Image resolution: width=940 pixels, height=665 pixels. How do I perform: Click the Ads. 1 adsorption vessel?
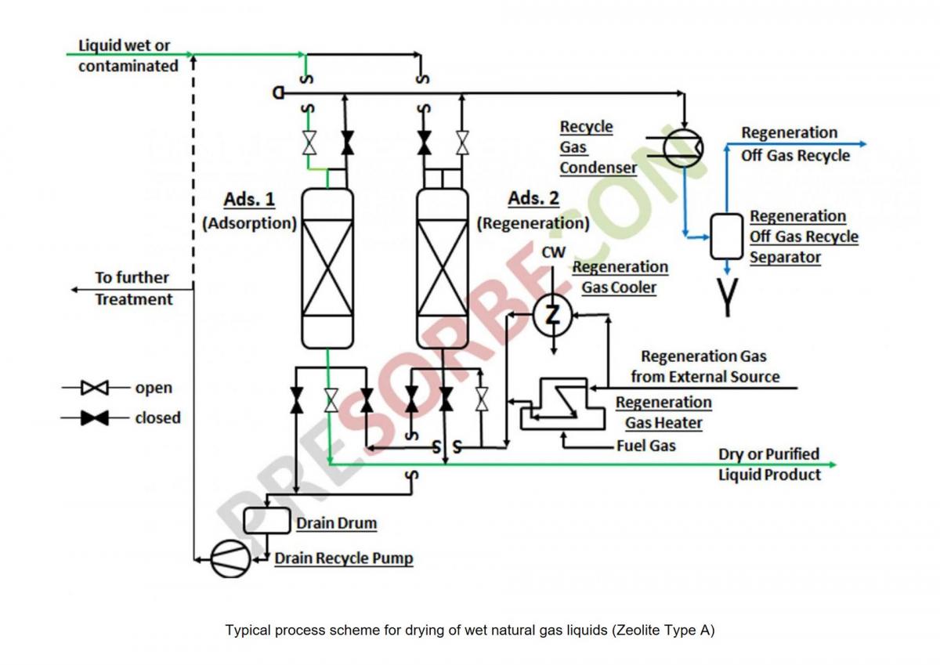[x=327, y=269]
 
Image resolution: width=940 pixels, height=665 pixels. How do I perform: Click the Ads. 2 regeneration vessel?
[x=443, y=269]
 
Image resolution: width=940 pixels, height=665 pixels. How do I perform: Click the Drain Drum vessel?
[x=266, y=521]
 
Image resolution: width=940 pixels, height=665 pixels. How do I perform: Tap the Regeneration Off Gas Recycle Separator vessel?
[x=726, y=236]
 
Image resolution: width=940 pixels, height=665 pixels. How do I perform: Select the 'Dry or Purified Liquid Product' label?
[x=769, y=464]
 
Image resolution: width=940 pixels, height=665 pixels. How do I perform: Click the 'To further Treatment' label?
[x=133, y=288]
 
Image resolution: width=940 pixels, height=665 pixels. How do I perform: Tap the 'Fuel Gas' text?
[x=645, y=446]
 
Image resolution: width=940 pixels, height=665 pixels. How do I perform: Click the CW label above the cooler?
[x=553, y=252]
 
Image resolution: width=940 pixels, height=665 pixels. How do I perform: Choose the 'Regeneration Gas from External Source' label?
[x=704, y=367]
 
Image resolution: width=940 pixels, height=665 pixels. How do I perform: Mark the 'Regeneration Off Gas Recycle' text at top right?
[x=794, y=144]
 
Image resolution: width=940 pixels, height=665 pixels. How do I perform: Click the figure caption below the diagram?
[x=470, y=630]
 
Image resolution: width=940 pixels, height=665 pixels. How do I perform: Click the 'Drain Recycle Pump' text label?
[x=343, y=558]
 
